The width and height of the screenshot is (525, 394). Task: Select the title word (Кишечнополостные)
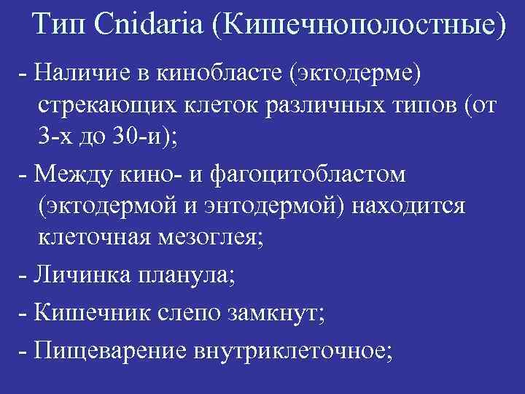[x=357, y=28]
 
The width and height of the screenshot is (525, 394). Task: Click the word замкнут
[x=281, y=315]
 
